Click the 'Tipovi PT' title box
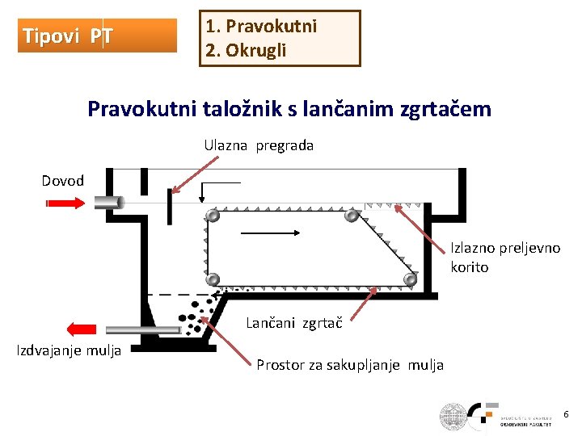[97, 36]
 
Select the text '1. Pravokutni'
[260, 26]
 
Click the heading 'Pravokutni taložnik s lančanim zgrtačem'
[289, 108]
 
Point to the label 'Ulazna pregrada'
[258, 146]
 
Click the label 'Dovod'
[63, 181]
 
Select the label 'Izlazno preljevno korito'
[504, 258]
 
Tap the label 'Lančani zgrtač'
[293, 324]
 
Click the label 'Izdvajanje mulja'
[69, 350]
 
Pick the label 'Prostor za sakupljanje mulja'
[349, 365]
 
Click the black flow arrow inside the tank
[272, 233]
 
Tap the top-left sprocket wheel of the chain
[213, 216]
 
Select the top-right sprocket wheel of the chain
[351, 216]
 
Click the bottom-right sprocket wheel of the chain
[410, 279]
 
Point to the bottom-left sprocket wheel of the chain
[213, 280]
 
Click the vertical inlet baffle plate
[171, 206]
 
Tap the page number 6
[566, 414]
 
